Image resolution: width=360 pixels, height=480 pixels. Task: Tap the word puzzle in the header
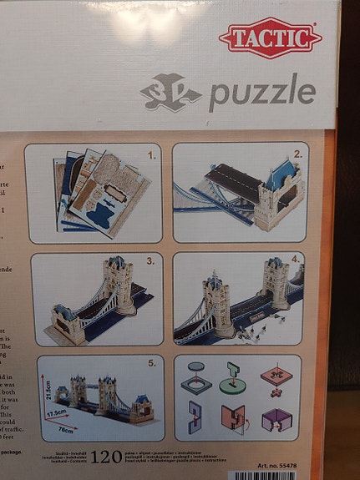click(261, 92)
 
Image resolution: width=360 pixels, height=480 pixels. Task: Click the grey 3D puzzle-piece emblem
click(170, 91)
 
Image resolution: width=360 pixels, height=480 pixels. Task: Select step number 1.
click(152, 155)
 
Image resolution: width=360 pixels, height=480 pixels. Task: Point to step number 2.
click(297, 154)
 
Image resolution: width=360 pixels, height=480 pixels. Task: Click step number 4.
click(295, 261)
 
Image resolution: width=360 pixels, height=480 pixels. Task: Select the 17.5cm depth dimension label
click(58, 412)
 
